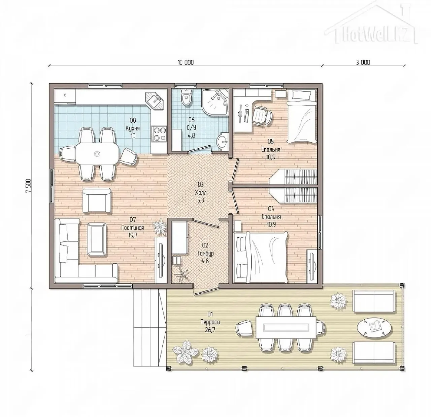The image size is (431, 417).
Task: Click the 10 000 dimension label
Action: (x=186, y=62)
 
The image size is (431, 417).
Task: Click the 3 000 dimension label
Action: (x=363, y=62)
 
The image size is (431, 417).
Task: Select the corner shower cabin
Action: (x=215, y=102)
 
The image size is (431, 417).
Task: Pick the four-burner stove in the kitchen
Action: (x=159, y=133)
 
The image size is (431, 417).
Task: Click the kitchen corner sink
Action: (x=155, y=101)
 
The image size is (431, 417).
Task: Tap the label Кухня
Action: (x=133, y=128)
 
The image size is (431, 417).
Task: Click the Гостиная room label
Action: (x=133, y=228)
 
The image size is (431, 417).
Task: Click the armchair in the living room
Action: (x=97, y=201)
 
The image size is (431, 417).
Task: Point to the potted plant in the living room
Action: (x=160, y=227)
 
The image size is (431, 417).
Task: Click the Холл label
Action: (x=201, y=192)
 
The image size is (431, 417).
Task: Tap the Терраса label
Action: (x=210, y=322)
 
